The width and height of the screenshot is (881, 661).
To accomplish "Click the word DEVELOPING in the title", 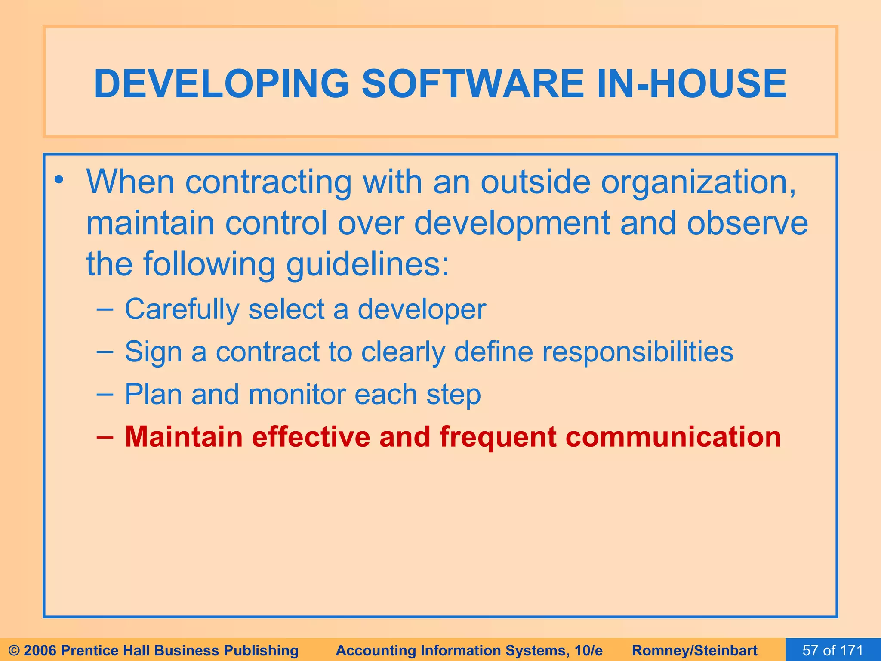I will (221, 83).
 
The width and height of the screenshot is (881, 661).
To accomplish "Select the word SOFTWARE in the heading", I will (472, 83).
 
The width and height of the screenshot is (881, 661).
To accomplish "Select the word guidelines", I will (367, 264).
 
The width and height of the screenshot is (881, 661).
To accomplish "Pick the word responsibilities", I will (637, 352).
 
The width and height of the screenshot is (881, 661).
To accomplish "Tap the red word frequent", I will (498, 437).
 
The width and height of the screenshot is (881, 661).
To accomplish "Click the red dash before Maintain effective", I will (105, 436).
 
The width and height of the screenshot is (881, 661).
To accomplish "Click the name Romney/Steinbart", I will (694, 650).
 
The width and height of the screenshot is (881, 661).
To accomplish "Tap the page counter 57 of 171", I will (832, 650).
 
